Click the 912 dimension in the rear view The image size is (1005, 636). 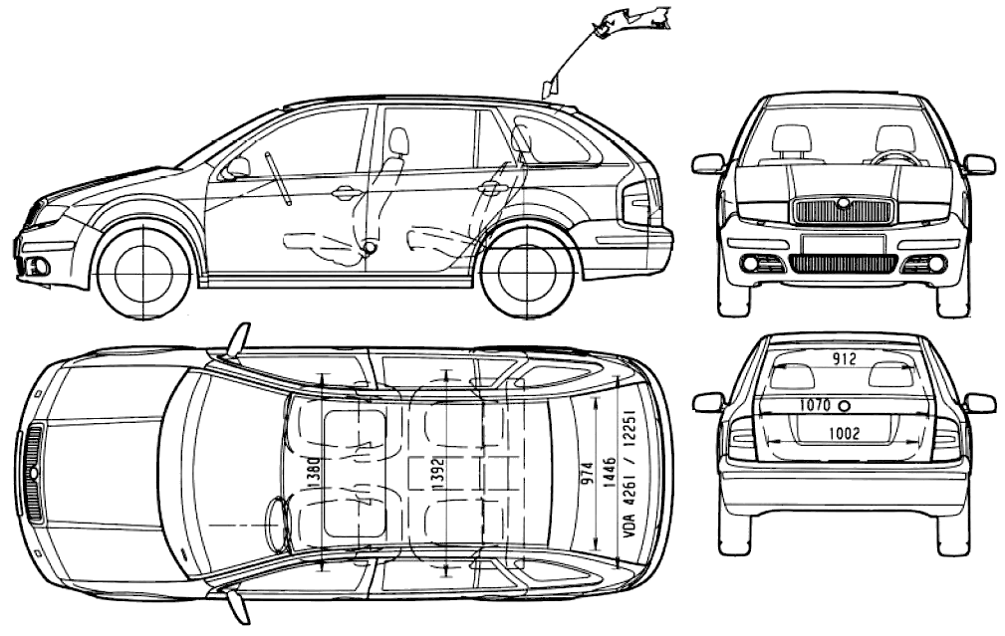(846, 359)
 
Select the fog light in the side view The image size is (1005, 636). (39, 265)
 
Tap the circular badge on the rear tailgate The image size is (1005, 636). (845, 406)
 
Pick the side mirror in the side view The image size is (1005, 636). (238, 166)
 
